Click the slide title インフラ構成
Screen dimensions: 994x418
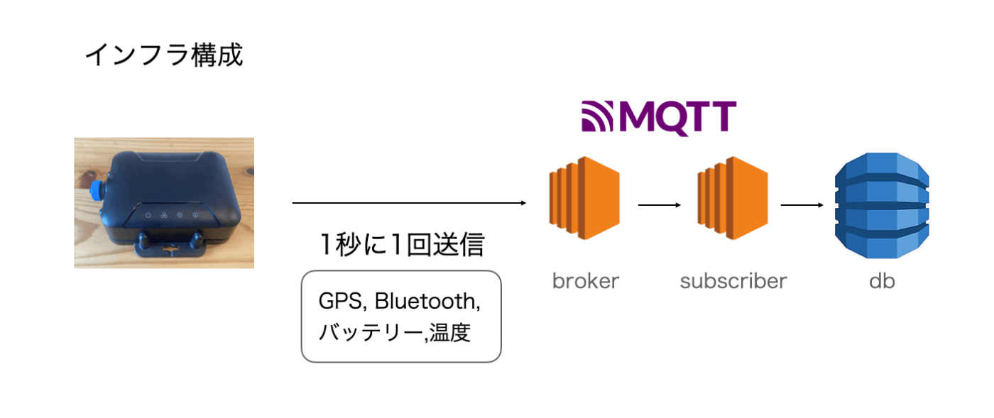pyautogui.click(x=164, y=55)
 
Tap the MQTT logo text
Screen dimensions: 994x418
pyautogui.click(x=677, y=118)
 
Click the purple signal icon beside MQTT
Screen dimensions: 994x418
pyautogui.click(x=597, y=116)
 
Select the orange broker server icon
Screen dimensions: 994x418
pyautogui.click(x=584, y=198)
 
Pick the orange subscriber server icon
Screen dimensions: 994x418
pyautogui.click(x=732, y=198)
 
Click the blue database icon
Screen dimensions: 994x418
pyautogui.click(x=882, y=205)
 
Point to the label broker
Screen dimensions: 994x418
pyautogui.click(x=585, y=281)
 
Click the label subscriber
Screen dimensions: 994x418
pyautogui.click(x=733, y=281)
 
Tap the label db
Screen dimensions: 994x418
pyautogui.click(x=882, y=281)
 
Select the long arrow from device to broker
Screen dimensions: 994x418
pyautogui.click(x=409, y=203)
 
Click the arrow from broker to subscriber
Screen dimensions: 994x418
pyautogui.click(x=660, y=205)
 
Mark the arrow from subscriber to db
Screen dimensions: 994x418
pyautogui.click(x=802, y=205)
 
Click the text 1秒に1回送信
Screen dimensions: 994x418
pyautogui.click(x=402, y=245)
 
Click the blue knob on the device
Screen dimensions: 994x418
pyautogui.click(x=95, y=191)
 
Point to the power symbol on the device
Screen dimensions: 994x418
pyautogui.click(x=148, y=215)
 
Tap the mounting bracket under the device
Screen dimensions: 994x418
pyautogui.click(x=171, y=246)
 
